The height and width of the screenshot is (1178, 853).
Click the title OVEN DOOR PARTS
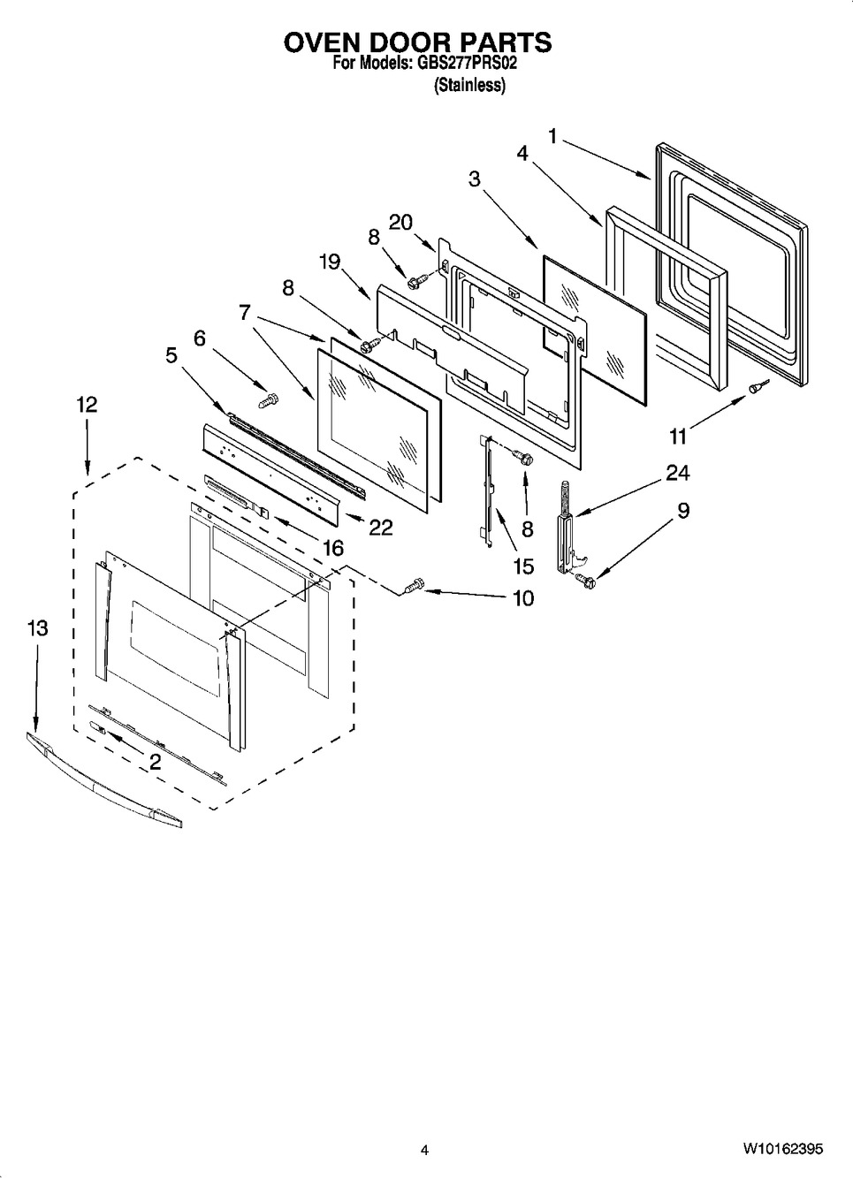click(417, 42)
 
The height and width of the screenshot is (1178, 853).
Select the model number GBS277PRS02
click(467, 64)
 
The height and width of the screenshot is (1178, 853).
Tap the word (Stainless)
click(469, 85)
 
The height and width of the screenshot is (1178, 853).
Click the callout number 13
click(38, 628)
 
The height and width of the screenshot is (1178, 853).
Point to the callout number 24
click(677, 473)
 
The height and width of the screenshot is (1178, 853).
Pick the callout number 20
click(400, 223)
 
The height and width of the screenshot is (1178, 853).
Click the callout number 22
click(381, 528)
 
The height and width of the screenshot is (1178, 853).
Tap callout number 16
click(332, 548)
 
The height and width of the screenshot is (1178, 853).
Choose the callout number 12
click(87, 405)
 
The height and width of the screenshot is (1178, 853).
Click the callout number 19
click(330, 262)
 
